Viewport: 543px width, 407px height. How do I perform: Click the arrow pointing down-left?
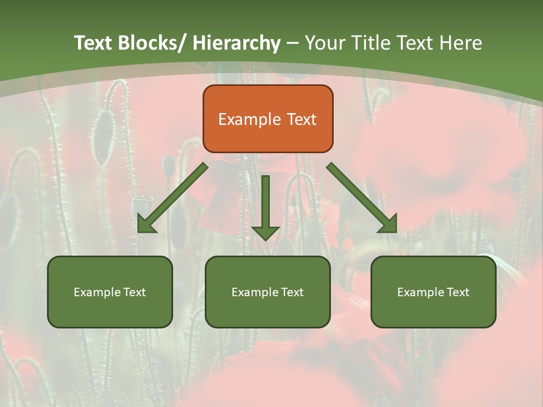(173, 198)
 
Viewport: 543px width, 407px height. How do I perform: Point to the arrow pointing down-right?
(362, 198)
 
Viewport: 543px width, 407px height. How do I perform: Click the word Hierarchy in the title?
(236, 43)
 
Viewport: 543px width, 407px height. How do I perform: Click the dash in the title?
(292, 44)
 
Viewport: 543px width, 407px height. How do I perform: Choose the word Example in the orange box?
(249, 119)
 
